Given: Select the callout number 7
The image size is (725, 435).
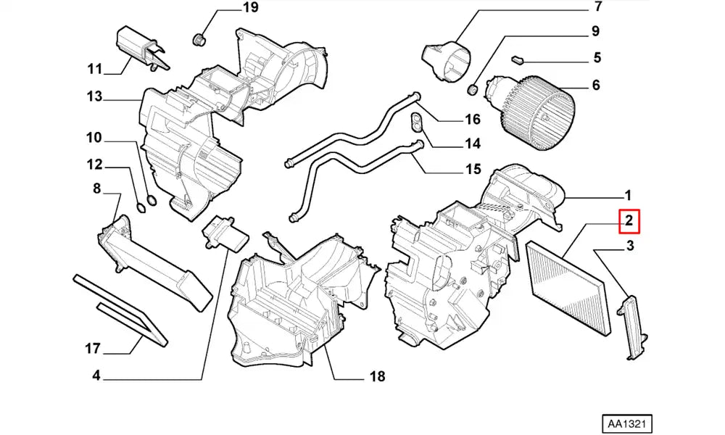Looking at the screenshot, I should point(598,8).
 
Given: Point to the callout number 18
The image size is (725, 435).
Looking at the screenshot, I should point(377,377).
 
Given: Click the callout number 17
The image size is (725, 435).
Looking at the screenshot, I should point(92,349).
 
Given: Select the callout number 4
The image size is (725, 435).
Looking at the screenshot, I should point(96,376).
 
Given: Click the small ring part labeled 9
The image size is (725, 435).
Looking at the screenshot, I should point(472,89).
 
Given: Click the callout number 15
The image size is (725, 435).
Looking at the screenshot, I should point(473,170).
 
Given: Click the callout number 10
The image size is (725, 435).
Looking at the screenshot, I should point(94,138).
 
